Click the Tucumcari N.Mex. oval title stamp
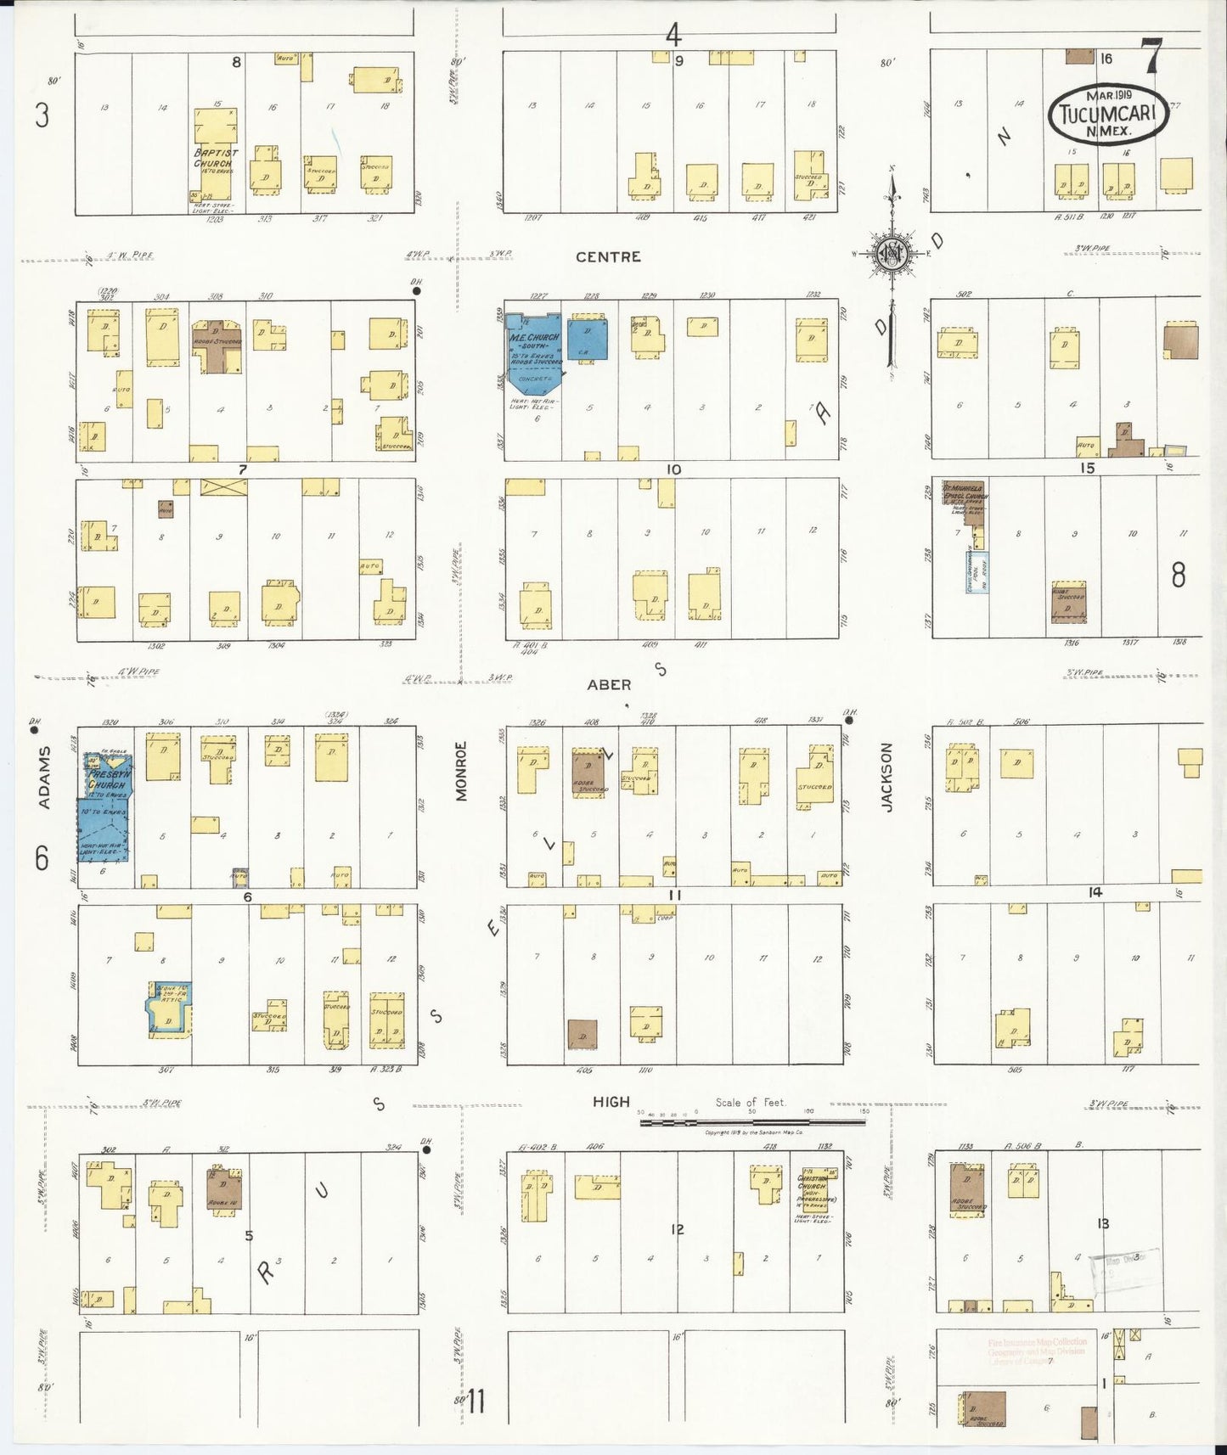pyautogui.click(x=1108, y=114)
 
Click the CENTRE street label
pyautogui.click(x=608, y=256)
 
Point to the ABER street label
pyautogui.click(x=609, y=684)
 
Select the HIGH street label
pyautogui.click(x=611, y=1102)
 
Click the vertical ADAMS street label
pyautogui.click(x=44, y=777)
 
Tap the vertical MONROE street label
pyautogui.click(x=461, y=771)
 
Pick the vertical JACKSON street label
pyautogui.click(x=886, y=777)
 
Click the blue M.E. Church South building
pyautogui.click(x=535, y=348)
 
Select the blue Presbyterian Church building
pyautogui.click(x=106, y=806)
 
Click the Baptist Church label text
pyautogui.click(x=216, y=158)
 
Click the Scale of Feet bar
pyautogui.click(x=752, y=1122)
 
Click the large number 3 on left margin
pyautogui.click(x=42, y=114)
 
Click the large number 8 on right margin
pyautogui.click(x=1178, y=576)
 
